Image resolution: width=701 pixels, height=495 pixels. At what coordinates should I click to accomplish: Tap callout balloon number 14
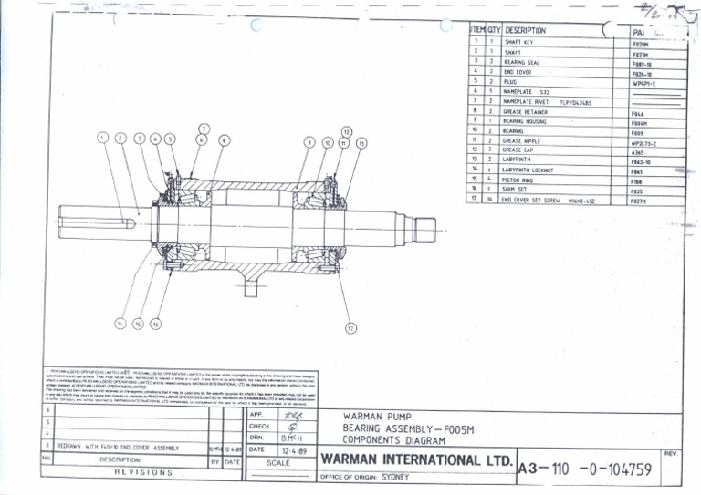click(120, 323)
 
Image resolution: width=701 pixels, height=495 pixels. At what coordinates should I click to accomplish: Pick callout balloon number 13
click(361, 143)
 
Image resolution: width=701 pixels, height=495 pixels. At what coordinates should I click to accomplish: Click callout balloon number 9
click(309, 143)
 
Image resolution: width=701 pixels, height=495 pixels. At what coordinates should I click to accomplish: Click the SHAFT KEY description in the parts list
click(519, 42)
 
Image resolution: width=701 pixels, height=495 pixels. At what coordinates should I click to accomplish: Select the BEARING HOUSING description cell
click(525, 120)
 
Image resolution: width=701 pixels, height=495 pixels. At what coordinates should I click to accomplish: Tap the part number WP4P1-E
click(643, 82)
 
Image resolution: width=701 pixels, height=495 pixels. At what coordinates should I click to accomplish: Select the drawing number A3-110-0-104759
click(597, 469)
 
